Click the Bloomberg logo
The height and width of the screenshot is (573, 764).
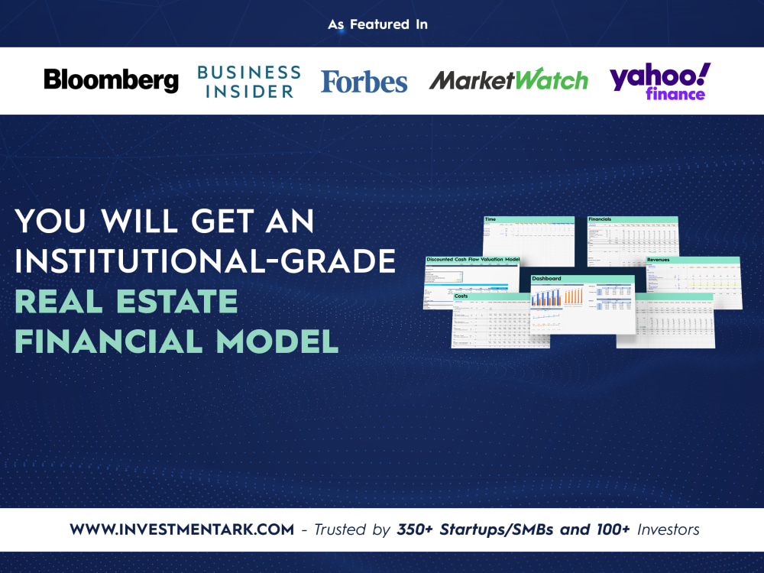coord(111,80)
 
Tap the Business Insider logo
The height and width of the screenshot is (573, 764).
coord(248,81)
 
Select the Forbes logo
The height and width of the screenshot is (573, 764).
coord(364,81)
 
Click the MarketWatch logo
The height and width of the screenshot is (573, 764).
coord(508,80)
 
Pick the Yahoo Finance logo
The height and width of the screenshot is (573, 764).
coord(659,81)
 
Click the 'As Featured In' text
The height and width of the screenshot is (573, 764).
coord(377,24)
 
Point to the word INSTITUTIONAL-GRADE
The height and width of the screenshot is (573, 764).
coord(205,262)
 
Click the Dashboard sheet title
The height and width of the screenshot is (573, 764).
coord(546,278)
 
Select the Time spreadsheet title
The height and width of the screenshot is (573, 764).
coord(490,219)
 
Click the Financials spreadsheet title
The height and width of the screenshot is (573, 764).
coord(600,219)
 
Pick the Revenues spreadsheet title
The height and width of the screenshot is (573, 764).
coord(659,260)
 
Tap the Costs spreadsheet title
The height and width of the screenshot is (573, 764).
coord(461,295)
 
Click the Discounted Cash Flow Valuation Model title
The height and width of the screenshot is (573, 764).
coord(472,260)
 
